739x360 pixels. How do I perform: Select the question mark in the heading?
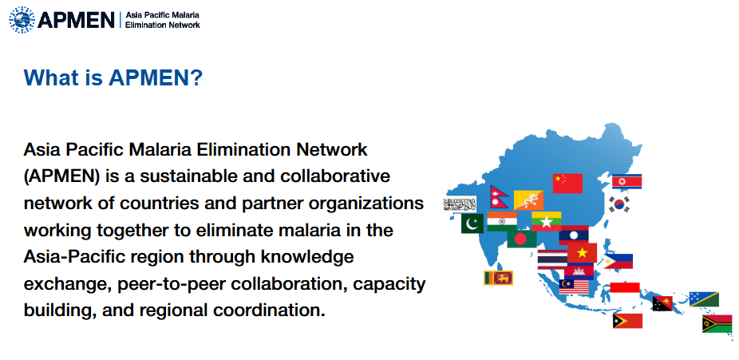click(196, 78)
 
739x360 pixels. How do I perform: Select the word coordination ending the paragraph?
click(277, 311)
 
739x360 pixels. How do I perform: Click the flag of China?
click(567, 183)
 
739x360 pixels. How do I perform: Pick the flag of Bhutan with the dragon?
click(529, 200)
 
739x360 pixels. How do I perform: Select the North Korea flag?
click(627, 182)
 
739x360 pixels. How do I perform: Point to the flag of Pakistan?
click(472, 224)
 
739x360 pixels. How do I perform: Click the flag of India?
click(502, 221)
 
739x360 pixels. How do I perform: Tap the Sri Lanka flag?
click(498, 278)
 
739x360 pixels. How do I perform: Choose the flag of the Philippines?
click(619, 261)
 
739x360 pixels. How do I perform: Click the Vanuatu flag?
click(717, 323)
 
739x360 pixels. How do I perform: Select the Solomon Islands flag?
click(704, 299)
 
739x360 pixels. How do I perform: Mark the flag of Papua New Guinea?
click(662, 303)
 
